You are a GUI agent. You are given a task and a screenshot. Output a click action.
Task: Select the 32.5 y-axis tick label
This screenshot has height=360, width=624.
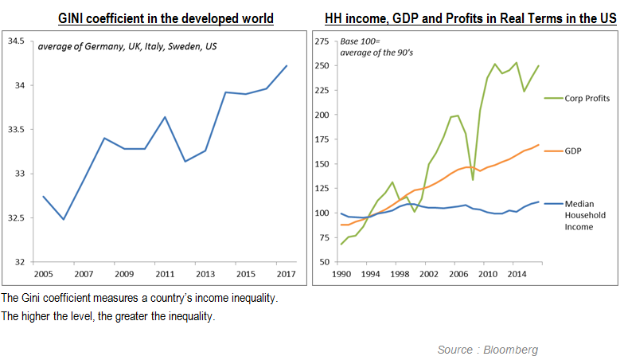point(15,218)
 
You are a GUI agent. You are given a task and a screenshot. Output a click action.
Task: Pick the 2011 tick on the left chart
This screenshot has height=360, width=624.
point(165,275)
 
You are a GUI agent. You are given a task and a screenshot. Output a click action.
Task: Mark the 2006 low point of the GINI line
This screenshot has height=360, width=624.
point(63,219)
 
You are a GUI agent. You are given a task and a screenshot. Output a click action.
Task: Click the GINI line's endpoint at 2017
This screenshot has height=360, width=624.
point(287,65)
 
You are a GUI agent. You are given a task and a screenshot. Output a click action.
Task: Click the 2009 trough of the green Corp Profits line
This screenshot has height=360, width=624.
point(473,179)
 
